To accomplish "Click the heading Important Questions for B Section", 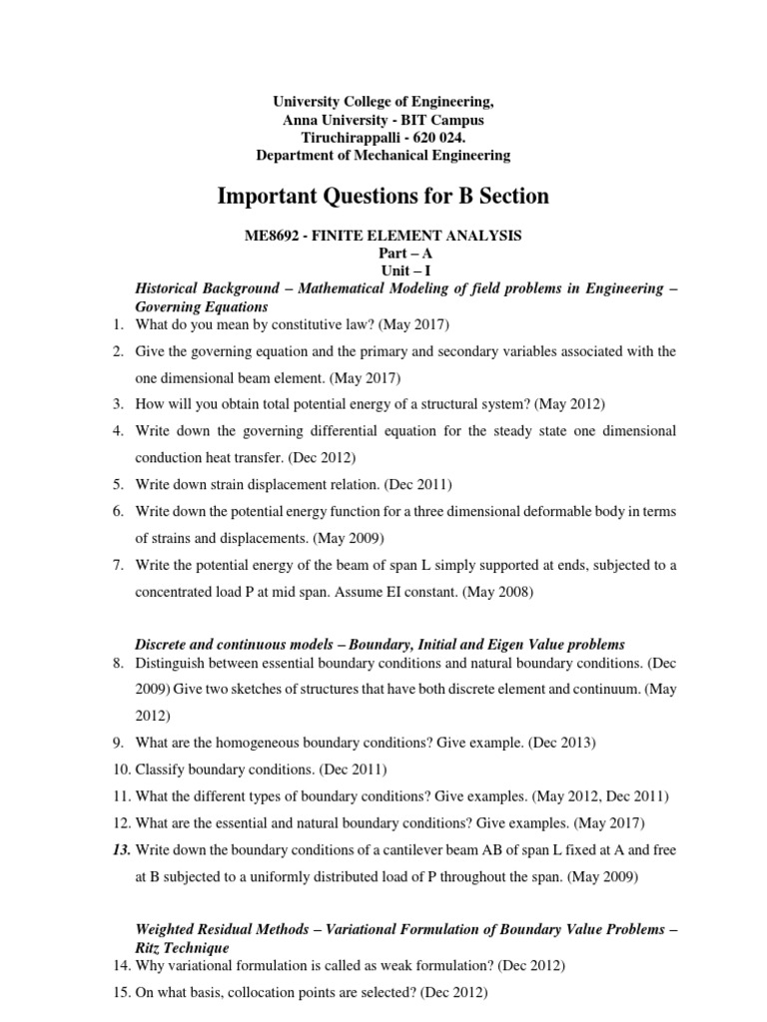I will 383,196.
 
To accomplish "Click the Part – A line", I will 383,254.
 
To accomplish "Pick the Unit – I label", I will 383,270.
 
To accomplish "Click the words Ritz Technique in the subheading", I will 182,947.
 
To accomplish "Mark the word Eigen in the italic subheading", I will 520,644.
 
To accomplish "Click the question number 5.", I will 117,484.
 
